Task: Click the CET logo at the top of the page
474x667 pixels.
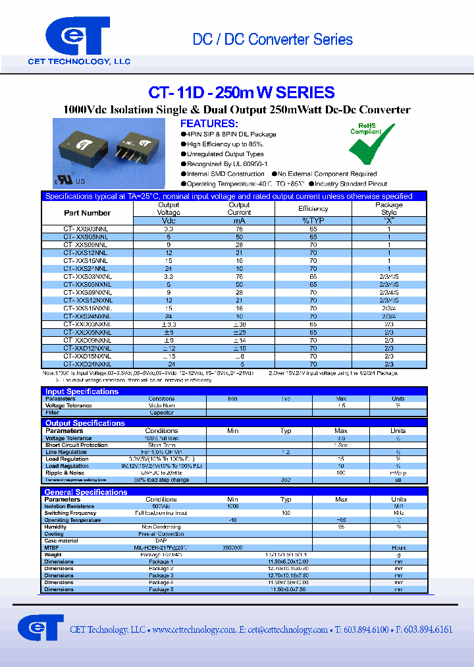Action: (78, 36)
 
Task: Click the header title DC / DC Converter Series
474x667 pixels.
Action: (273, 40)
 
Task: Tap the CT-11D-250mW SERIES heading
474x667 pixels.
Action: (242, 93)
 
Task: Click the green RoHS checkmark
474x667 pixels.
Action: (367, 149)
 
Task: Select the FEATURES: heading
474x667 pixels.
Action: (209, 124)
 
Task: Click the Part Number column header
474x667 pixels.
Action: (87, 213)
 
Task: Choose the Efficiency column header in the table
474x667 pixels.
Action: (313, 209)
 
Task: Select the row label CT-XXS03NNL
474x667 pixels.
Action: (86, 229)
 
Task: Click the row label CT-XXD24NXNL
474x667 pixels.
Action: (87, 364)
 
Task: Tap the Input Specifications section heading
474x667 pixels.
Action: (82, 391)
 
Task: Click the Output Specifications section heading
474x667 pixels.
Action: (85, 423)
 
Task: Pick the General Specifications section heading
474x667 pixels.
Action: (86, 492)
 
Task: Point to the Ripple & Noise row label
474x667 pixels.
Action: (65, 473)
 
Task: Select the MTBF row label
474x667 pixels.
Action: (51, 548)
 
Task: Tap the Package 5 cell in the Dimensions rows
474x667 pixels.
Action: (161, 589)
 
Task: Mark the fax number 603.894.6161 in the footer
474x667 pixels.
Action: (425, 629)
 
